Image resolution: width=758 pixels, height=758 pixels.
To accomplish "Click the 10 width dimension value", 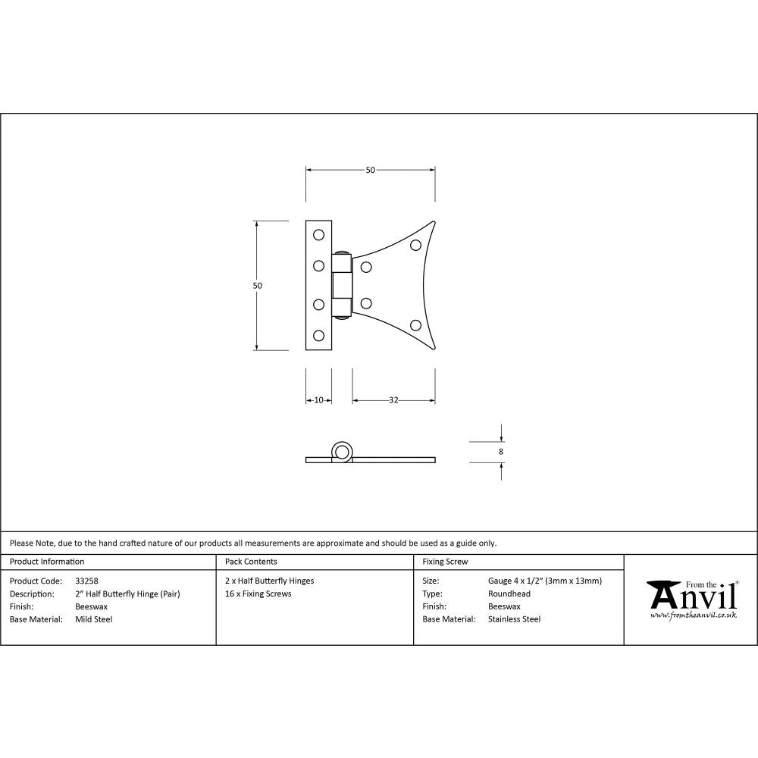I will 318,400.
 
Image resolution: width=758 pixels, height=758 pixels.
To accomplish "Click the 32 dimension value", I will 393,400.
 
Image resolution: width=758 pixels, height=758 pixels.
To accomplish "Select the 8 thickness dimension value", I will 501,451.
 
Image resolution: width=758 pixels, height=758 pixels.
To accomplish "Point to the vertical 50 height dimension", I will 257,286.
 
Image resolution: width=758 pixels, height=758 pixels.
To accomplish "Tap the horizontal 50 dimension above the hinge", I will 370,170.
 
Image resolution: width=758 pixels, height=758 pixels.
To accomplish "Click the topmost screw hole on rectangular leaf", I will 318,233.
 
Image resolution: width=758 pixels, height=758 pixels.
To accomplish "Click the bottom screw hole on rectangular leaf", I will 318,335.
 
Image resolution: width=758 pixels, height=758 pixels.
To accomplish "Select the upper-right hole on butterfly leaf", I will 415,245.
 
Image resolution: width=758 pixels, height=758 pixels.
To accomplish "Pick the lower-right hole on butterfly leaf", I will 415,325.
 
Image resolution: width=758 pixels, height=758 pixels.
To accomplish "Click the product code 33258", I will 87,581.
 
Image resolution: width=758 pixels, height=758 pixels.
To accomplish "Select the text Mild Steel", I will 94,619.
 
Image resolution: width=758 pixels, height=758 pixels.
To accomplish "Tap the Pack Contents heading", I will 251,562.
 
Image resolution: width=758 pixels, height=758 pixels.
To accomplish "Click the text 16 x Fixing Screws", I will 258,594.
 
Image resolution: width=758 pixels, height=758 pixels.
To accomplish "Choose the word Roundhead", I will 509,594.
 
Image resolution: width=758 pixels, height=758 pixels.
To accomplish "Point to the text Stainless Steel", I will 515,619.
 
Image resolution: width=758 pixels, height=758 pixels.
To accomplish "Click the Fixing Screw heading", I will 445,562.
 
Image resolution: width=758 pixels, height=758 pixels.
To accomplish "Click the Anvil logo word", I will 694,597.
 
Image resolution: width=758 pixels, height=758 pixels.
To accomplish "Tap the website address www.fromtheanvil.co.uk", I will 694,615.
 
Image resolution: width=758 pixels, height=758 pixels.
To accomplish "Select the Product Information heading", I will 47,562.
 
